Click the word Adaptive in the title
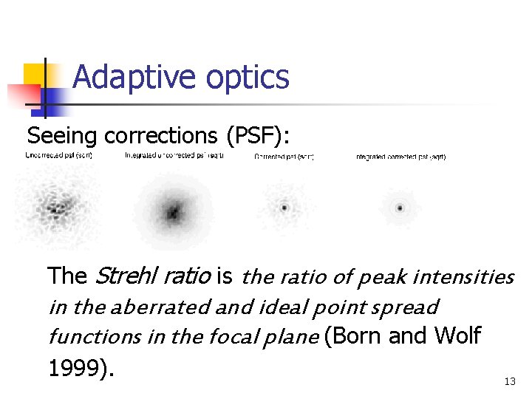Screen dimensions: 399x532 (123, 77)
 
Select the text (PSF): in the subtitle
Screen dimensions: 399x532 (256, 136)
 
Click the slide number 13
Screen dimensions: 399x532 (509, 382)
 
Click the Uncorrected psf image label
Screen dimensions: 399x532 (58, 156)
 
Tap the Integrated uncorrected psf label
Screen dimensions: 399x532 (174, 156)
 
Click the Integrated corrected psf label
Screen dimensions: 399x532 (400, 157)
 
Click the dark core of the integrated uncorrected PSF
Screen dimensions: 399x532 (173, 213)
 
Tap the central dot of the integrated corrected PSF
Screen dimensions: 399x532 (400, 208)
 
